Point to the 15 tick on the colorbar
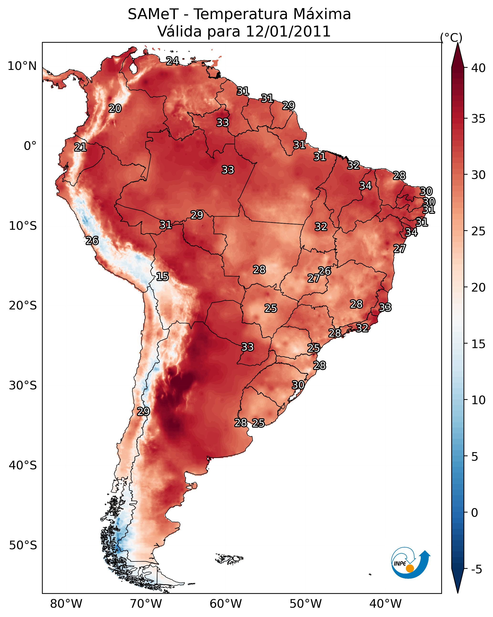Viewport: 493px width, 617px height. [x=466, y=344]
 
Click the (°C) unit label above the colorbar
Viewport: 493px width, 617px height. [x=451, y=37]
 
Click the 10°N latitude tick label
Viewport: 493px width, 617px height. [x=22, y=66]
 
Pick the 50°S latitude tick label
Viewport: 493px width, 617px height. [x=23, y=545]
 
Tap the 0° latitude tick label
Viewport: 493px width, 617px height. [x=30, y=146]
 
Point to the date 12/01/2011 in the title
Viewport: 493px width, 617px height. [x=288, y=31]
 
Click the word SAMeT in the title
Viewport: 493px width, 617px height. [x=153, y=14]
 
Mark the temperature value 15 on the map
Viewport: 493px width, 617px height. [x=162, y=277]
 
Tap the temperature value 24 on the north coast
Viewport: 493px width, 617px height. [x=172, y=61]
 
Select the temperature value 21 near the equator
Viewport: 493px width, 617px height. [x=80, y=147]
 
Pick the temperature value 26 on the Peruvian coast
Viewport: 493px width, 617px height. [x=92, y=241]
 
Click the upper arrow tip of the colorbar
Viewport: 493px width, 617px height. [x=457, y=43]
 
